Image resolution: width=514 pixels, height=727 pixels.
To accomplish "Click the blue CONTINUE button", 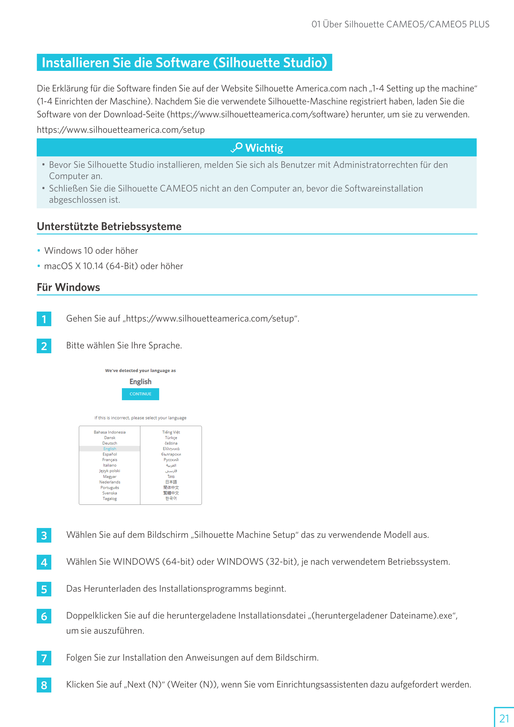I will pos(140,394).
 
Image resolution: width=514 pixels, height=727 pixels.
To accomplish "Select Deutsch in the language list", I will pos(109,443).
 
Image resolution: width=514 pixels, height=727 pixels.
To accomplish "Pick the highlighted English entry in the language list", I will pos(109,449).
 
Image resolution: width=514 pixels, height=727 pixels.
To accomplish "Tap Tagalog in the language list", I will pos(109,499).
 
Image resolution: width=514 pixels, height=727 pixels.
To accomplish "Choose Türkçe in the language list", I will pos(171,438).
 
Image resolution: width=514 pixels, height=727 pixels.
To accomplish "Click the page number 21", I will pos(504,718).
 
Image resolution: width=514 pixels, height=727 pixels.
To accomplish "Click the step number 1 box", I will pos(44,319).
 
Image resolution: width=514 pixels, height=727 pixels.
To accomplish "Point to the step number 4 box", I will pos(44,562).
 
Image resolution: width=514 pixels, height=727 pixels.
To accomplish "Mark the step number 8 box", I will pos(44,685).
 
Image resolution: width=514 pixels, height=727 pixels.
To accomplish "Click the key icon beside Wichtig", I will pos(237,148).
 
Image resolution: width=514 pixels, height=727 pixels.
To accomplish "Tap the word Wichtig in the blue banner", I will pos(264,148).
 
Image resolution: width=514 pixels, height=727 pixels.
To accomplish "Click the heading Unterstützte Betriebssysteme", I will pos(109,226).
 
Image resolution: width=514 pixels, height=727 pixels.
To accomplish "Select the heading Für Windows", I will pos(68,287).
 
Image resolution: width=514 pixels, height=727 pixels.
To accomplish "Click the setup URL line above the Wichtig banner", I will pos(121,130).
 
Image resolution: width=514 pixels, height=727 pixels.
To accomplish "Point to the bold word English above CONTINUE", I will pos(140,382).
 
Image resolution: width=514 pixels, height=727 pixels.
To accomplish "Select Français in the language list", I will pos(109,460).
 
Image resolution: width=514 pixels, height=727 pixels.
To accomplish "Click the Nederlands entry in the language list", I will pos(109,482).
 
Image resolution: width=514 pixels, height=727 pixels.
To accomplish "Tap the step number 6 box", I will pos(44,616).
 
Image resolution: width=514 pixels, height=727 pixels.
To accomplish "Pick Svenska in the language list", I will pos(109,493).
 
